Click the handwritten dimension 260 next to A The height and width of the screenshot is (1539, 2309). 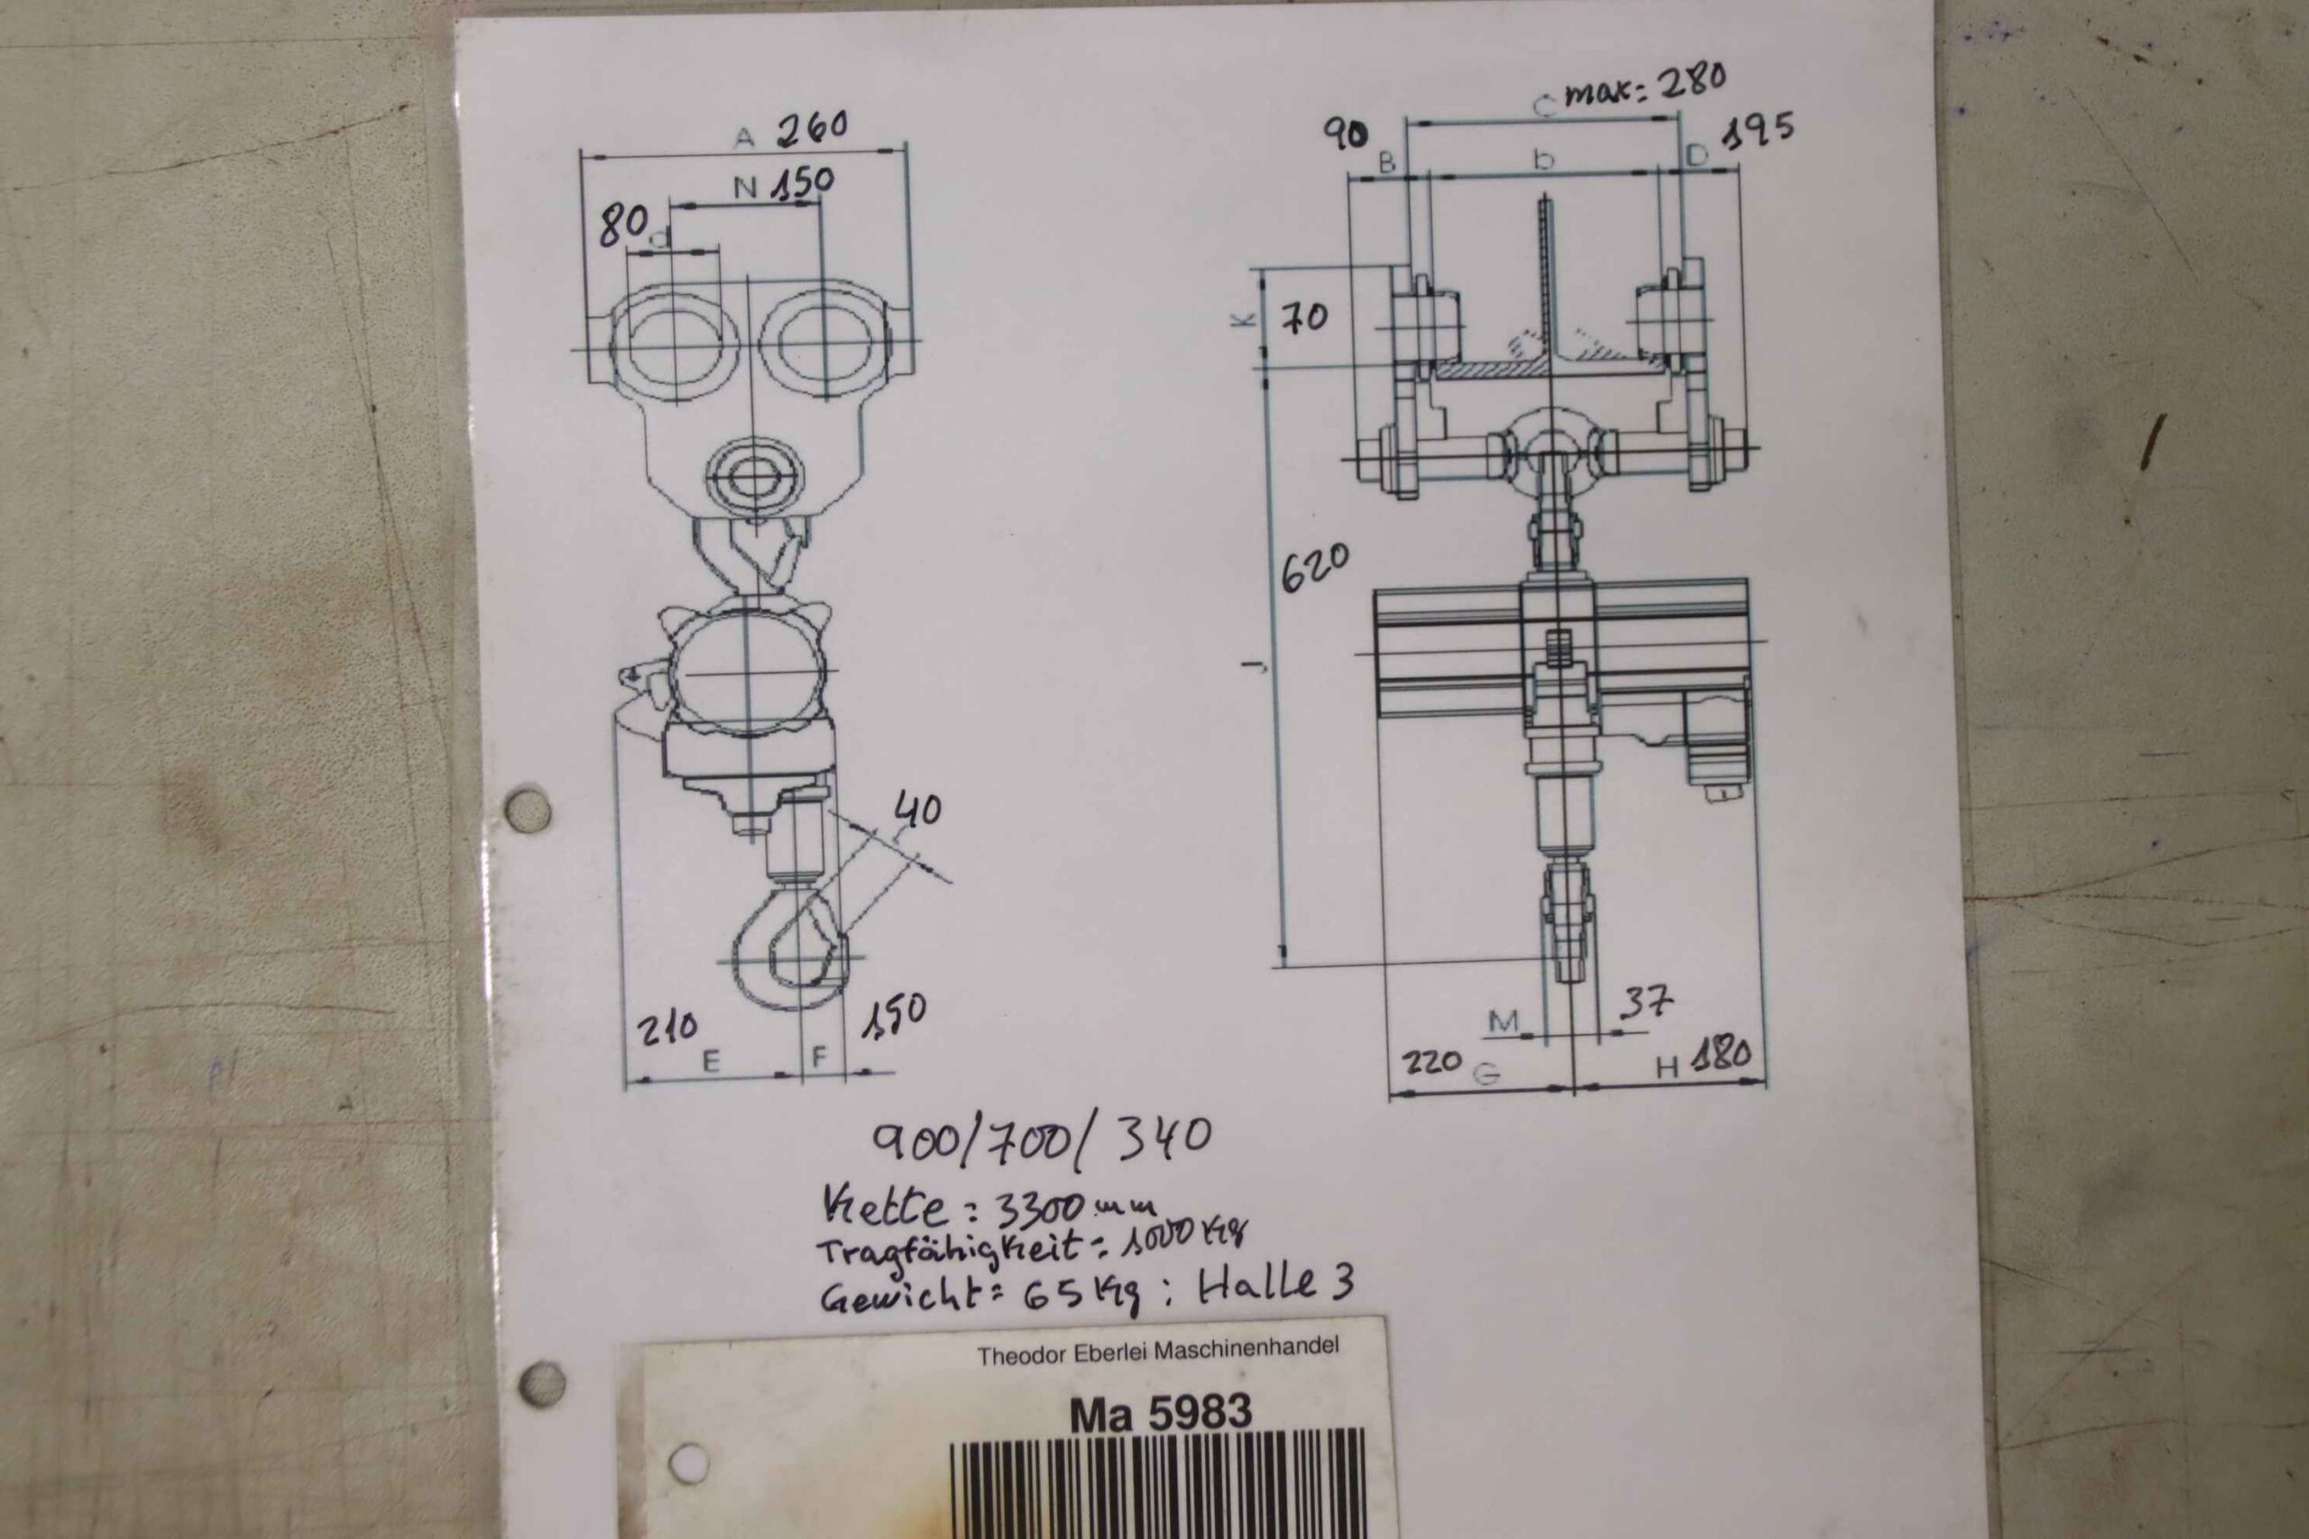point(812,129)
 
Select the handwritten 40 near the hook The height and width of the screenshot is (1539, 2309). point(918,810)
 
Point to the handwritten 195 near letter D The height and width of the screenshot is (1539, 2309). point(1758,131)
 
